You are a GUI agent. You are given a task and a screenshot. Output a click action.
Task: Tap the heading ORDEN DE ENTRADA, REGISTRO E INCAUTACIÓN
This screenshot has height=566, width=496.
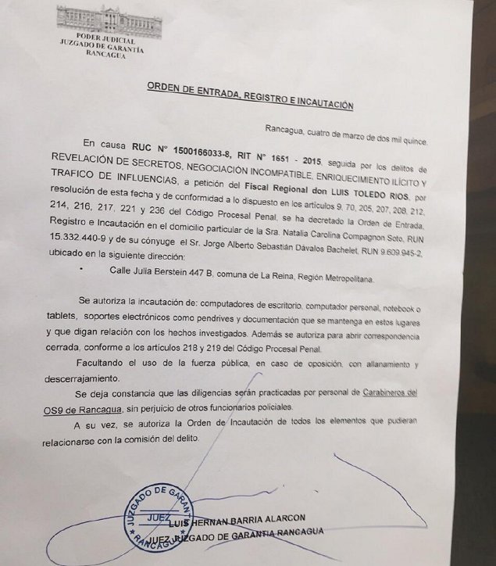tap(246, 103)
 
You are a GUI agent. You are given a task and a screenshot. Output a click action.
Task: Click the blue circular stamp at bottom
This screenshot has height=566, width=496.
tap(152, 514)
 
